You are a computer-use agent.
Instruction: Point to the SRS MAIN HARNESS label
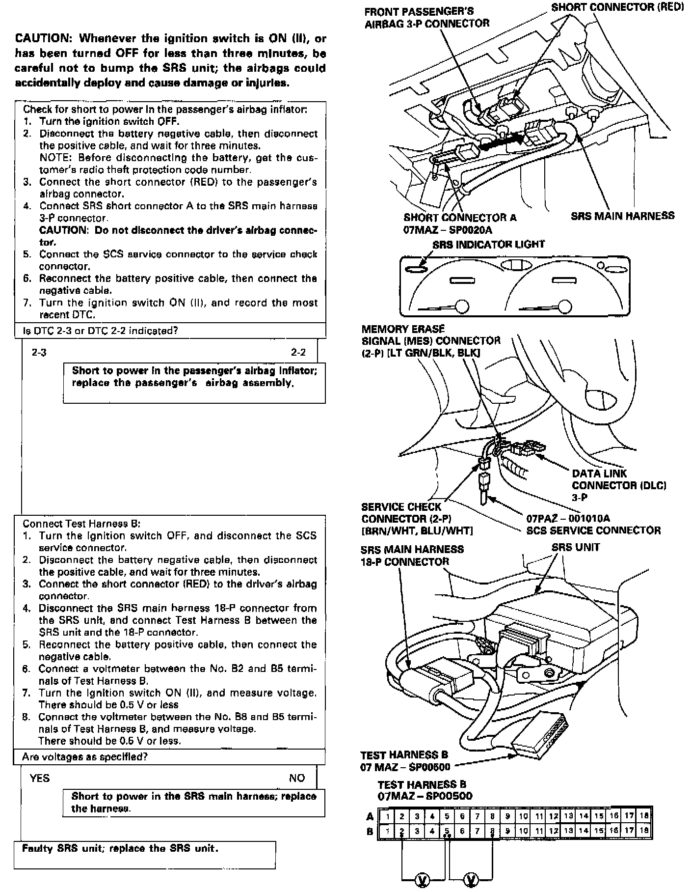coord(622,216)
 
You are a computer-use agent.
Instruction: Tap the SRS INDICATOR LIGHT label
coord(488,244)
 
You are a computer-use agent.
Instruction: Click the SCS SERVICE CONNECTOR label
coord(593,530)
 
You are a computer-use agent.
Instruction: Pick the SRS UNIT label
coord(575,547)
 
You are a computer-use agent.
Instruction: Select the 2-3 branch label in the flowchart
coord(39,352)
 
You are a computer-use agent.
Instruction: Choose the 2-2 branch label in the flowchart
coord(298,352)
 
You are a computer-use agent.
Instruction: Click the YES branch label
coord(39,778)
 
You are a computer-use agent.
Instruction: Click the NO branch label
coord(296,778)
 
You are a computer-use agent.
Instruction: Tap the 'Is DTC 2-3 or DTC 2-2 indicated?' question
coord(101,331)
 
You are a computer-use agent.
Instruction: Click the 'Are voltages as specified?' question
coord(85,757)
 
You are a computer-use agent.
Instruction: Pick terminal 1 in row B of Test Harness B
coord(387,831)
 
